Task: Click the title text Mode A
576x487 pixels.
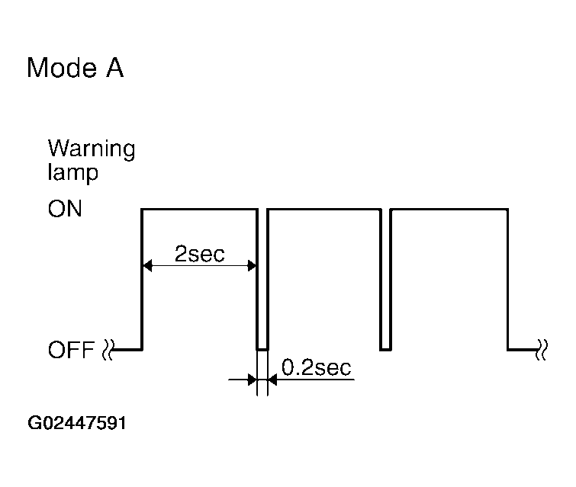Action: coord(76,68)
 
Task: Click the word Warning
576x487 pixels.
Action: coord(92,149)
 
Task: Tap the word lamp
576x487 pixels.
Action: coord(73,172)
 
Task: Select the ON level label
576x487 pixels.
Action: coord(65,209)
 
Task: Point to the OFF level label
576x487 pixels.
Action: coord(71,349)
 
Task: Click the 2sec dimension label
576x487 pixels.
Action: coord(199,254)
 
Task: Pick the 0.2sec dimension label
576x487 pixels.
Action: coord(317,367)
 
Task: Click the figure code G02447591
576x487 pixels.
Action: coord(77,423)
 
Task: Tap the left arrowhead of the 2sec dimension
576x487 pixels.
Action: coord(147,265)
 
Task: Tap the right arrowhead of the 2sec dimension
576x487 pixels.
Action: coord(252,265)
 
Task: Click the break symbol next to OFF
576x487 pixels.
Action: coord(108,349)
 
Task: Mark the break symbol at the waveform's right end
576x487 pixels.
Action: coord(542,349)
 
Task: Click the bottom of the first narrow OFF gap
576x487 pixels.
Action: coord(262,350)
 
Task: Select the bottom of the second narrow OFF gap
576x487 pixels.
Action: coord(385,350)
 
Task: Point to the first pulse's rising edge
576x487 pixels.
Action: coord(142,279)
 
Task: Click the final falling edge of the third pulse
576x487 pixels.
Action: coord(507,279)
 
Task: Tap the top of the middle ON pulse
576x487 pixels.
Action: coord(324,210)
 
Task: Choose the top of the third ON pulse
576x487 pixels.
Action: coord(449,210)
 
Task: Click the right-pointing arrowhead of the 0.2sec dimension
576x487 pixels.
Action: coord(252,380)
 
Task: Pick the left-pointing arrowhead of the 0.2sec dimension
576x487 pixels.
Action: coord(272,380)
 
